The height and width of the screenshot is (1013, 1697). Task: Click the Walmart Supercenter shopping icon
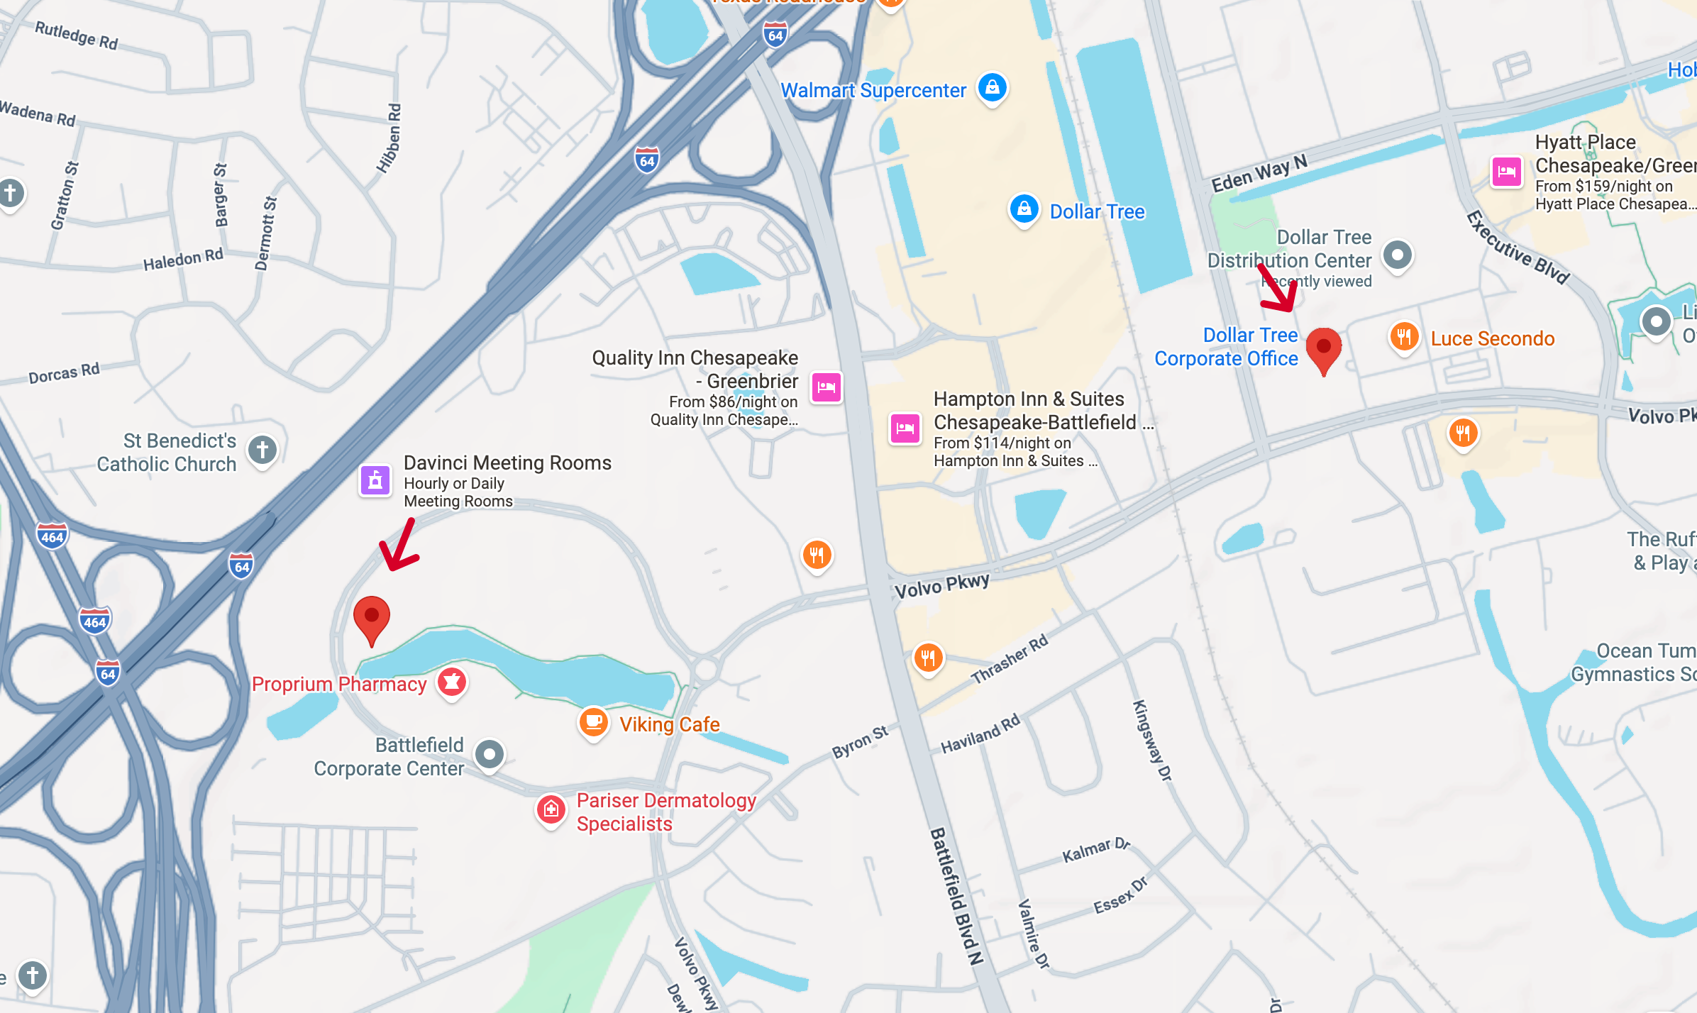(992, 88)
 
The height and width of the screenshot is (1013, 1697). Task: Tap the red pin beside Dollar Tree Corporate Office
(1323, 348)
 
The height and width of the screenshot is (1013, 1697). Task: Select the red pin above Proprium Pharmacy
(371, 617)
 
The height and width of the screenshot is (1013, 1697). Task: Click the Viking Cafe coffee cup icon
(593, 722)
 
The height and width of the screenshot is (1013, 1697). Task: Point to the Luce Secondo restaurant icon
(1403, 337)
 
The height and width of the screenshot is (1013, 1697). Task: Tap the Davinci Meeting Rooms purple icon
(375, 481)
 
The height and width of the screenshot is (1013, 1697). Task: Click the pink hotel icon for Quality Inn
(827, 387)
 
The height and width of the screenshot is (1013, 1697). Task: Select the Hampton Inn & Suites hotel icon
(905, 428)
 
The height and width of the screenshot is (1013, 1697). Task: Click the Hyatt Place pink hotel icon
(1506, 172)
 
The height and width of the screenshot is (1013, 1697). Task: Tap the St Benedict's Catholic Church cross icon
(262, 450)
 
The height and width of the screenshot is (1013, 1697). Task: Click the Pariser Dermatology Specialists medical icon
(551, 809)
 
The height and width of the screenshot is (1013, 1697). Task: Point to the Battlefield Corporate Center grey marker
(490, 754)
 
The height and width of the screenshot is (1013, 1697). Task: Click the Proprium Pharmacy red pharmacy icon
(452, 682)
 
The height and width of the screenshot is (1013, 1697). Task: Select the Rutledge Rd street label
(77, 35)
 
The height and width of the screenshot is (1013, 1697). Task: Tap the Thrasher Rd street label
(1009, 660)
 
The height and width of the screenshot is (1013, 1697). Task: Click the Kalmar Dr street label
(1095, 849)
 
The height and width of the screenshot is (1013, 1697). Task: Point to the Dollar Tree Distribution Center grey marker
(1398, 255)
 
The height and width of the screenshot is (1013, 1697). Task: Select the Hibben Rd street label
(389, 138)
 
